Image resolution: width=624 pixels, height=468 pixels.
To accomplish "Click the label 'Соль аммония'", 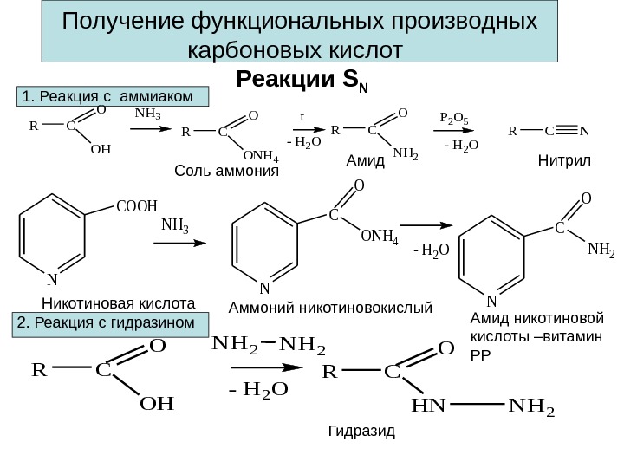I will click(227, 171).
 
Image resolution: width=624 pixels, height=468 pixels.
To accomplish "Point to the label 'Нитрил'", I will click(562, 162).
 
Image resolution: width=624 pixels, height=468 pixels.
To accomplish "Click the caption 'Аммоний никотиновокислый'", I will click(329, 307).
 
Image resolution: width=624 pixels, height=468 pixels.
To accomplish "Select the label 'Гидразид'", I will click(361, 430).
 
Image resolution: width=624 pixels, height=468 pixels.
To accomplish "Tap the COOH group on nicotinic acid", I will click(136, 206).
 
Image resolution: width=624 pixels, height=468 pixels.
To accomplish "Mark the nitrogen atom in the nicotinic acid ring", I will click(52, 280).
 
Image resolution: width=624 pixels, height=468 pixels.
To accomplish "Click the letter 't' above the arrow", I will click(302, 114).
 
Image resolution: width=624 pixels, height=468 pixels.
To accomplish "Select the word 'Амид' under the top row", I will click(358, 162).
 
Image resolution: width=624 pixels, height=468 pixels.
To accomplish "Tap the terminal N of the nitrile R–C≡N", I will click(584, 133).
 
